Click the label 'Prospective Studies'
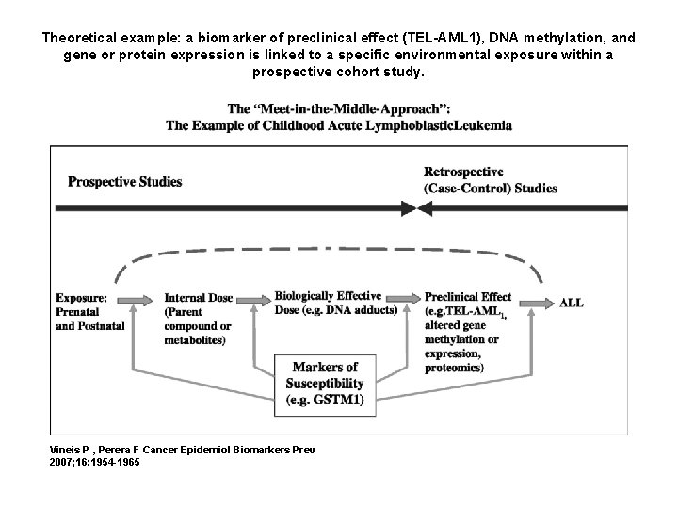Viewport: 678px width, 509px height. coord(125,181)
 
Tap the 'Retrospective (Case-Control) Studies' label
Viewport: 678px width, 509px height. coord(490,180)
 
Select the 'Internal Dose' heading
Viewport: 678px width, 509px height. coord(198,298)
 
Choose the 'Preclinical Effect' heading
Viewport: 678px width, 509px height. coord(468,297)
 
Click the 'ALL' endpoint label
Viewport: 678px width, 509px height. coord(572,303)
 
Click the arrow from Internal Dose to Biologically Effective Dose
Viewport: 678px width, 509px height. coord(252,299)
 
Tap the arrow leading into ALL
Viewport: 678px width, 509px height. coord(537,302)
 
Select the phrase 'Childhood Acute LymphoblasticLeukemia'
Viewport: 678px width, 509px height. coord(386,125)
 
